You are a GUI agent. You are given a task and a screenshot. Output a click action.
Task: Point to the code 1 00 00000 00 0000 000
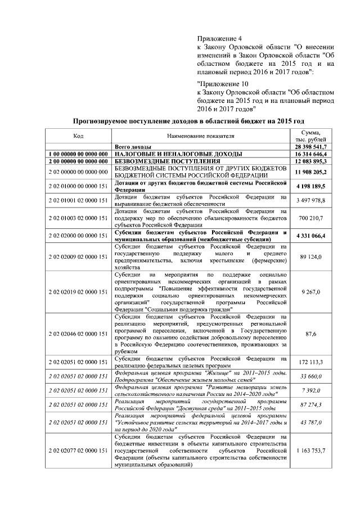point(79,154)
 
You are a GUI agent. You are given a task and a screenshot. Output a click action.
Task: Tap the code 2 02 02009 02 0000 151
point(79,256)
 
